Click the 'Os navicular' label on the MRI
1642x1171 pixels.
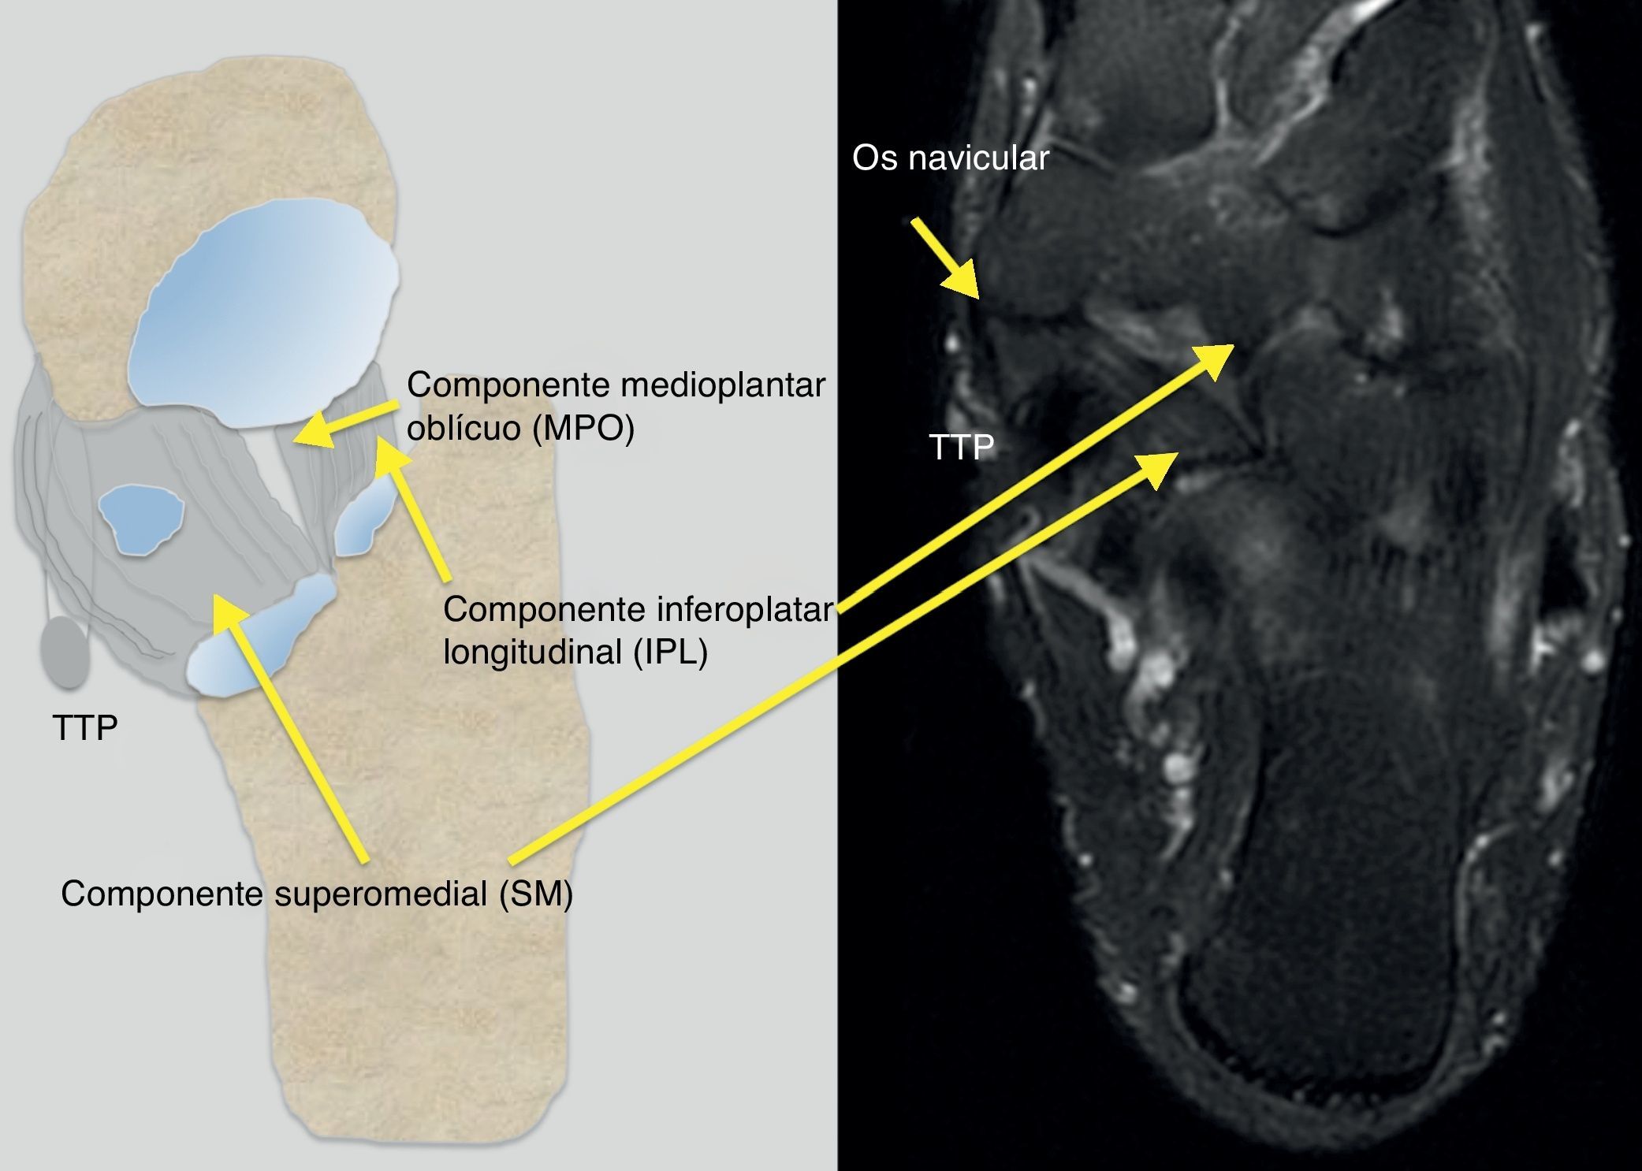950,158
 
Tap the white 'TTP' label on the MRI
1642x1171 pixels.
961,448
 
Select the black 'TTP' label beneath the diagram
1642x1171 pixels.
85,727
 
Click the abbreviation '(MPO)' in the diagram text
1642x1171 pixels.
583,429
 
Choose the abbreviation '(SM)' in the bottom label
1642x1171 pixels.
536,894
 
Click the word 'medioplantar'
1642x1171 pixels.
723,385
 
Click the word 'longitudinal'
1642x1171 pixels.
534,652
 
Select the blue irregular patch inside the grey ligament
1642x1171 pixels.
140,520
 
